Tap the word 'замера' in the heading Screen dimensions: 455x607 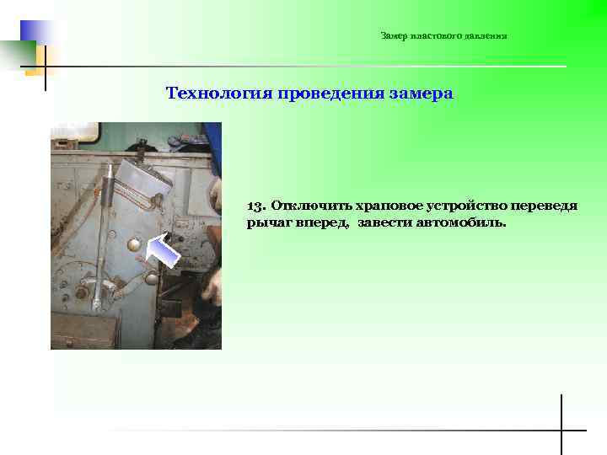(422, 93)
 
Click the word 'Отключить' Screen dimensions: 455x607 (311, 206)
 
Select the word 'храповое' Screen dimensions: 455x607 (391, 206)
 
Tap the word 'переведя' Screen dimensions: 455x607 (546, 206)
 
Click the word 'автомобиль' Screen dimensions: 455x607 (460, 223)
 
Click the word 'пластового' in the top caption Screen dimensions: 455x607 (433, 36)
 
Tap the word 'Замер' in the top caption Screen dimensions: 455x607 (394, 36)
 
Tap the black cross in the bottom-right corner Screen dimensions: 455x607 (561, 430)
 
